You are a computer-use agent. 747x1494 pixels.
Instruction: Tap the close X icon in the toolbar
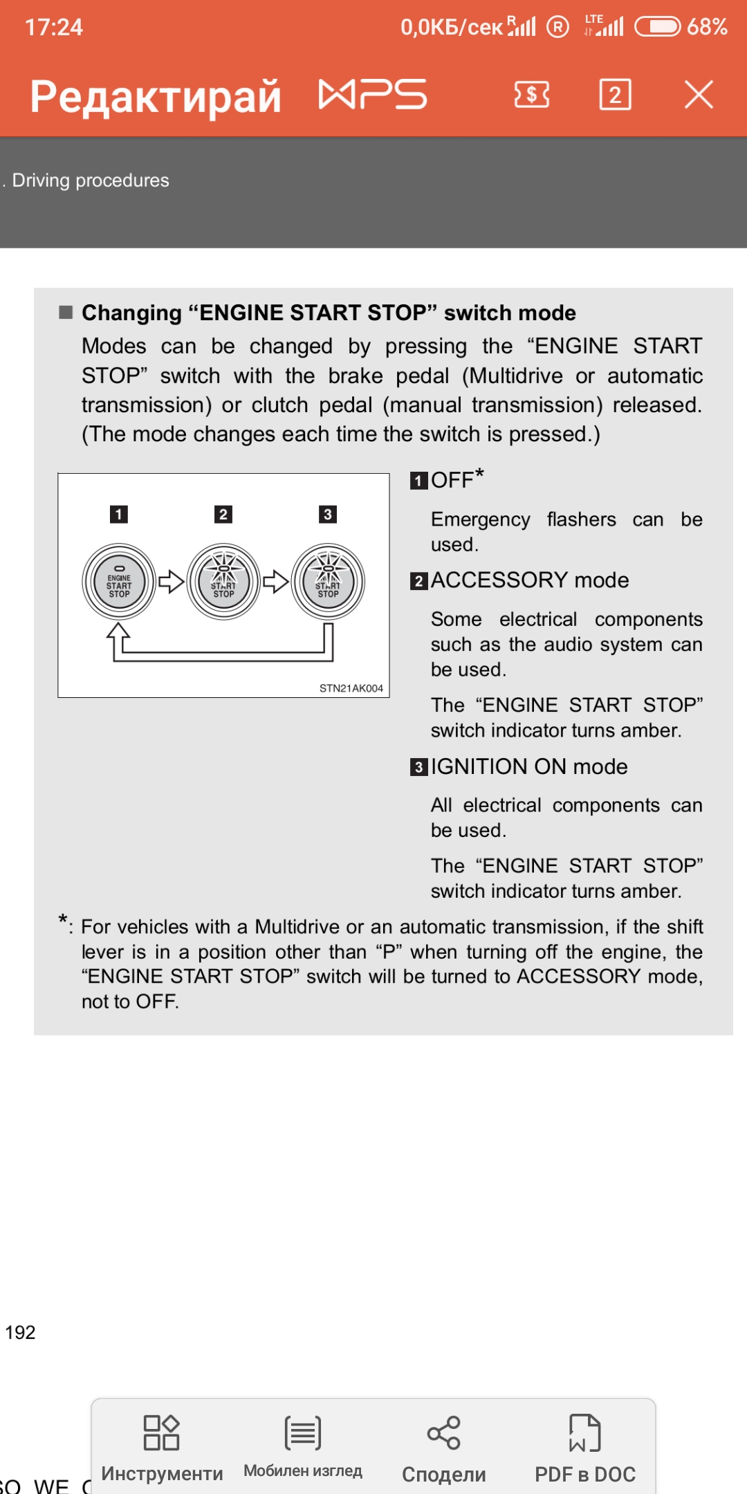699,95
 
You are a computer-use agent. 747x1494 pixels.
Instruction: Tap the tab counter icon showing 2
615,95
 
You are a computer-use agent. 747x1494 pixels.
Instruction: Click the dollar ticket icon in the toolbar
532,95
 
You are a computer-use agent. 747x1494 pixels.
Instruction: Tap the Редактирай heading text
156,96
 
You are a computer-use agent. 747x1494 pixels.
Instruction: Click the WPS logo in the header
372,95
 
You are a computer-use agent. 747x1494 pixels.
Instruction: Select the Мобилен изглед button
303,1446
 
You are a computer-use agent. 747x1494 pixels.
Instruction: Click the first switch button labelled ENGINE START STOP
119,582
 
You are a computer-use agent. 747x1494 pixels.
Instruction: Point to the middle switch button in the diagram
223,582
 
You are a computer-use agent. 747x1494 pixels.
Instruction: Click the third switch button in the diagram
328,582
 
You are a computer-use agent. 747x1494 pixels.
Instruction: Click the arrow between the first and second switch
171,582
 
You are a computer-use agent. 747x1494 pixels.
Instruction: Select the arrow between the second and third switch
275,582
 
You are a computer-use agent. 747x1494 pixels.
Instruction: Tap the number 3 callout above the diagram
328,515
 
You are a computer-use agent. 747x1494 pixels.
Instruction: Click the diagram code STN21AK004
351,688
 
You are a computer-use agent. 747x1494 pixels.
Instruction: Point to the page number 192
20,1332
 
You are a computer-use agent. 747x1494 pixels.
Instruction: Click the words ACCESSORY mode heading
530,580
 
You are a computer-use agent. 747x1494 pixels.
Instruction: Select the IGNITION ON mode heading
529,766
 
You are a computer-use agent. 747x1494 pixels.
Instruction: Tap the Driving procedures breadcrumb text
91,181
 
